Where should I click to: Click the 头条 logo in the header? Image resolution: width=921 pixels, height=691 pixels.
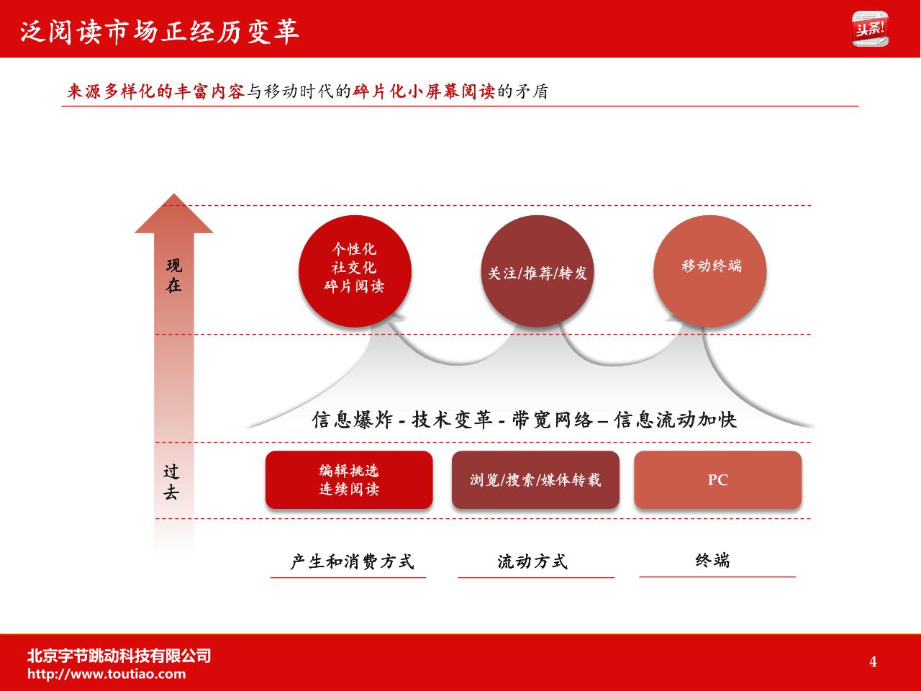pos(870,29)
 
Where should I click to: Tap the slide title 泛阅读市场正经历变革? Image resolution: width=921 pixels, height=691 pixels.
pos(160,32)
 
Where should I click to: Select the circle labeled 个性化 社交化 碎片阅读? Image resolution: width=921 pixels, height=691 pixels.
pos(355,271)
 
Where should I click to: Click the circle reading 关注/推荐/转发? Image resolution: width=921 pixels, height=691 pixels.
pos(537,271)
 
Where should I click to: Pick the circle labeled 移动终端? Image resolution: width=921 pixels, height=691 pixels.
pos(710,271)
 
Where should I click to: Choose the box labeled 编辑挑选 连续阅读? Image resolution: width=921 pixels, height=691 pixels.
pos(349,479)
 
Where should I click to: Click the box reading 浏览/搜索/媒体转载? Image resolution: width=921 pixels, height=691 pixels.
pos(535,479)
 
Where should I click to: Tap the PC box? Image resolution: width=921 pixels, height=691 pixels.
pos(718,479)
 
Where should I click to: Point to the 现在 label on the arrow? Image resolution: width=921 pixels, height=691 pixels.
pos(173,276)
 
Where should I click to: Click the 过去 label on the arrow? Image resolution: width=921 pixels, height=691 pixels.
pos(171,482)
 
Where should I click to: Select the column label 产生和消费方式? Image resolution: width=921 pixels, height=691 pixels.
pos(352,561)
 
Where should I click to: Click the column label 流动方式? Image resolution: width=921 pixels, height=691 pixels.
pos(532,561)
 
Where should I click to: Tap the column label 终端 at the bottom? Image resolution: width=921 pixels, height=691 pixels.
pos(712,561)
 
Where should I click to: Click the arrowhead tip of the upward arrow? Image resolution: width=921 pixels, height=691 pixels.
pos(173,194)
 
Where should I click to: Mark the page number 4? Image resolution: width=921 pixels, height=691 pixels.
pos(873,661)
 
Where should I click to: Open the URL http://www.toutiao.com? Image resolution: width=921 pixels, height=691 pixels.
pos(106,674)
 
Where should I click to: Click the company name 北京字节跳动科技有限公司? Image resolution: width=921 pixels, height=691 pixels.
pos(119,656)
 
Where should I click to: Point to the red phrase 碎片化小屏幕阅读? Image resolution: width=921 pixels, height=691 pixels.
pos(424,91)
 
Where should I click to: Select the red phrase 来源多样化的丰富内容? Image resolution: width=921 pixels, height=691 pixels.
pos(155,91)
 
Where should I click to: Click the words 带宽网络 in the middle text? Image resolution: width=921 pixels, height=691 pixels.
pos(552,420)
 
